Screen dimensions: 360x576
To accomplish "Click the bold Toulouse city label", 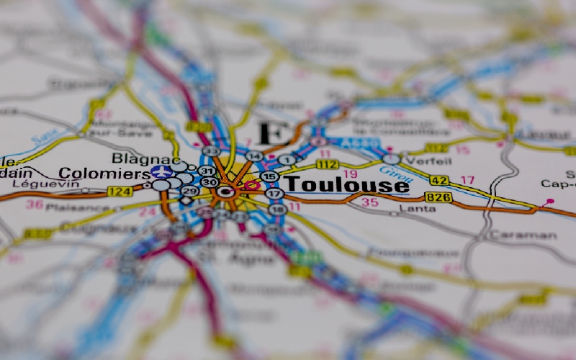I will coord(347,185).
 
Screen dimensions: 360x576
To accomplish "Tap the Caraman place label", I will coord(523,235).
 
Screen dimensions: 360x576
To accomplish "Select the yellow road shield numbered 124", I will coord(119,192).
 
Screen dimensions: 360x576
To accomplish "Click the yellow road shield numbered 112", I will coord(327,165).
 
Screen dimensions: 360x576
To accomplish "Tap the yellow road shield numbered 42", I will coord(439,180).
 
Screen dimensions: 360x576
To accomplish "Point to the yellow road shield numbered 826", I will coord(438,197).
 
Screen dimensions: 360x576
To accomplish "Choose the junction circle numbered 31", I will coord(207,171).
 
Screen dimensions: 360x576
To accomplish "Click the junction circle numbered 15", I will coord(270,176).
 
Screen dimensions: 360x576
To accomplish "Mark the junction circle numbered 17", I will coord(274,193).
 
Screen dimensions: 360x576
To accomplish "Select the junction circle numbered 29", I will coord(189,191).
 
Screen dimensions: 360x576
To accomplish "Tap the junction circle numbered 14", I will coord(253,156).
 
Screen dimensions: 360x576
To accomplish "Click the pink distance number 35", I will coord(369,203).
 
